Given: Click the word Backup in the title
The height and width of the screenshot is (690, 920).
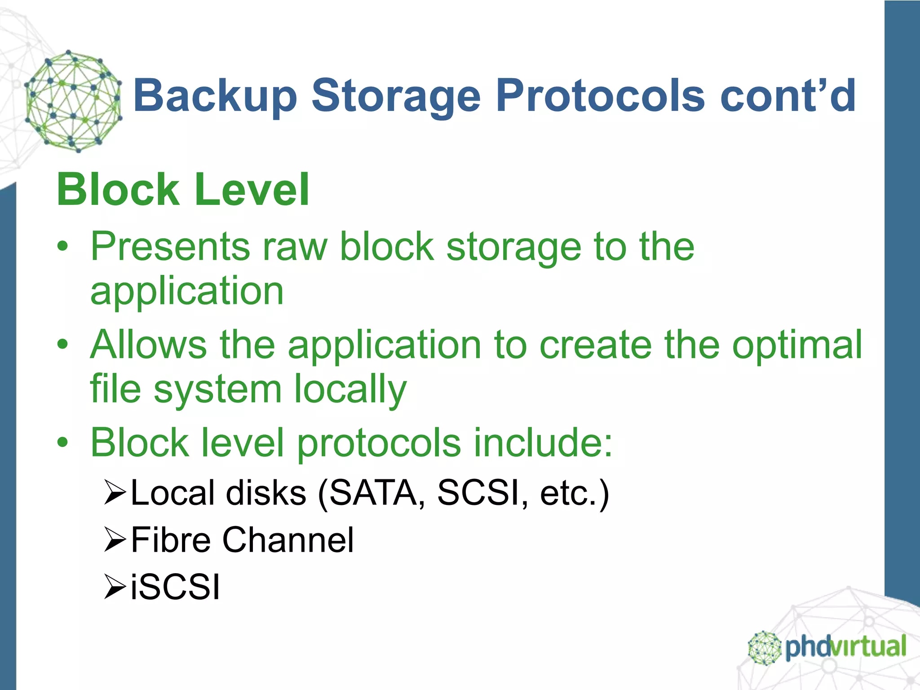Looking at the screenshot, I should [215, 96].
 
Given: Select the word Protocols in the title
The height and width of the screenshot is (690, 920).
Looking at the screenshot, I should [600, 96].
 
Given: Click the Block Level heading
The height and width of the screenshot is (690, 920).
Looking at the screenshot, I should [183, 190].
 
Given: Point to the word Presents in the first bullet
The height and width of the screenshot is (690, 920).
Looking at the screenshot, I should [170, 247].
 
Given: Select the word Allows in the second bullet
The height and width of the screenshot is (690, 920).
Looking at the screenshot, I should [148, 345].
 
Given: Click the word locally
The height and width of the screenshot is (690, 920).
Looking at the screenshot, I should [350, 389].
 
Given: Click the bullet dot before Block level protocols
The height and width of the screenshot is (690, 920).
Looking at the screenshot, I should [62, 442].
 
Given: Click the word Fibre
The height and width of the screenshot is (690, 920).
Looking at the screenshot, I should [171, 540].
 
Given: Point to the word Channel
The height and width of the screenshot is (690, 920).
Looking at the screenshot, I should [288, 540].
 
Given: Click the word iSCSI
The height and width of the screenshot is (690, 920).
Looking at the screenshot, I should [175, 587].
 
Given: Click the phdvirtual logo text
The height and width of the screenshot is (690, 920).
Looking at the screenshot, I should [845, 647].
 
